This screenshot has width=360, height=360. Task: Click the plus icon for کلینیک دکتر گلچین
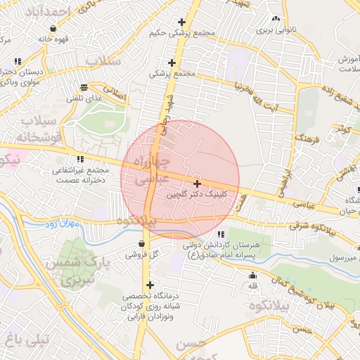point(196,183)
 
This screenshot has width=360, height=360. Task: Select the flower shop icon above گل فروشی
point(142,244)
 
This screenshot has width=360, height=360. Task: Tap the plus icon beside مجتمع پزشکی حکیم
point(183,22)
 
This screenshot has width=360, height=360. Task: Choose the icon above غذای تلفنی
point(84,88)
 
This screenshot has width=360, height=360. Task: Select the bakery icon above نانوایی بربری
point(276,20)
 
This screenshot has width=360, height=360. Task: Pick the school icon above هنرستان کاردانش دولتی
point(221,233)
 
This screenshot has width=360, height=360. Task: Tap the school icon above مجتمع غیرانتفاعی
point(81,159)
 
